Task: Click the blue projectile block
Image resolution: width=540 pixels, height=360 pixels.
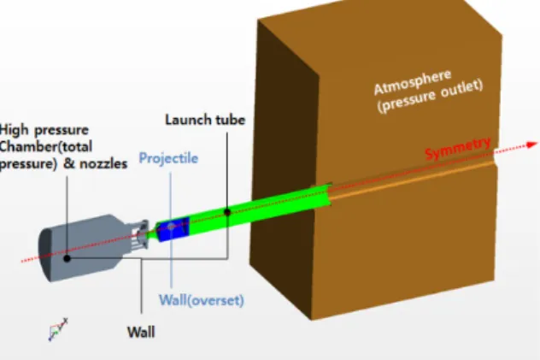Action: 173,228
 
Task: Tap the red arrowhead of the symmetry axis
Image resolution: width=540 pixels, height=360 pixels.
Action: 532,145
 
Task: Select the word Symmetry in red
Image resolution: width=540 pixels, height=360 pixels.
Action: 458,149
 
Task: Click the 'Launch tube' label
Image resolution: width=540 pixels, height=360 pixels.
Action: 205,120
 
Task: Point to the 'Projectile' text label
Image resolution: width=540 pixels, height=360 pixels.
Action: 168,158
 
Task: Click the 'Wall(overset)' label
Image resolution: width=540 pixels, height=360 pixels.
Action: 202,300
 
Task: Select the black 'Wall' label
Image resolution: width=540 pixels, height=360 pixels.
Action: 141,333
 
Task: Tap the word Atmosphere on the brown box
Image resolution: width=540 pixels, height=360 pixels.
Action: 413,82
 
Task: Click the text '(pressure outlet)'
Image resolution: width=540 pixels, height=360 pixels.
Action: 430,97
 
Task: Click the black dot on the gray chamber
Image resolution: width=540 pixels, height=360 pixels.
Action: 67,258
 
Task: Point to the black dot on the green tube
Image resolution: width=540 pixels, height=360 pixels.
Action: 227,212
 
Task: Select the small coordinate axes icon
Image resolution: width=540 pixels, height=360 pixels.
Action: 58,330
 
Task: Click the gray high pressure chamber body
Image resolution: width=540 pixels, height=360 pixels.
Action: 83,247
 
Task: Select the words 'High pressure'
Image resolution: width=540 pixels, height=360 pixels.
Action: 44,131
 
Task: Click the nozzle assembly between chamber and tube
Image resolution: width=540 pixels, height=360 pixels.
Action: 141,234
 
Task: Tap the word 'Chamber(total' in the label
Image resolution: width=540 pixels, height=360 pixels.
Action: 46,147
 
